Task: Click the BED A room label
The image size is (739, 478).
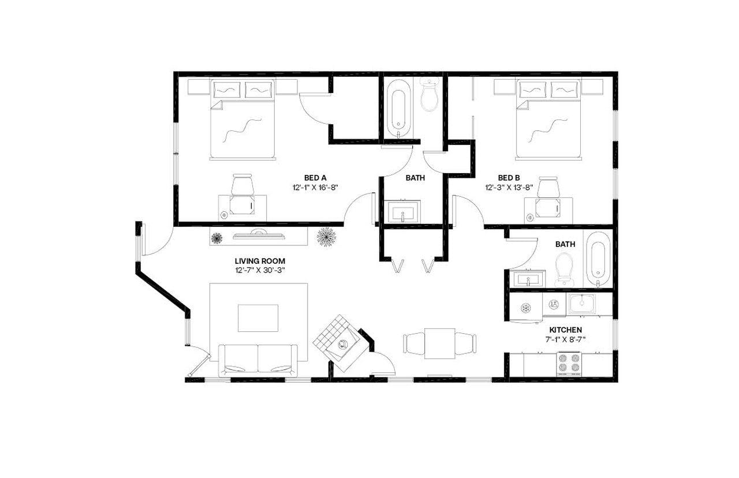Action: coord(316,178)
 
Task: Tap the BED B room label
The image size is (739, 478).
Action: coord(509,178)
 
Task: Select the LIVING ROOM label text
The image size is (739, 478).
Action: coord(260,261)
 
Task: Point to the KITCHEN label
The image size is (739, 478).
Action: coord(565,330)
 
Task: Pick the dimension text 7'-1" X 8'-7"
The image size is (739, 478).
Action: coord(565,339)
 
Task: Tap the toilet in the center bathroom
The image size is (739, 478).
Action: coord(430,96)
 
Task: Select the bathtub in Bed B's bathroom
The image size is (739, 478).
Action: coord(597,263)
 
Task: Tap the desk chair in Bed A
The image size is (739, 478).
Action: coord(242,185)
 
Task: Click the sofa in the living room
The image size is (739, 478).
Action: coord(258,360)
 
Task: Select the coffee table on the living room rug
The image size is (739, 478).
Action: coord(258,318)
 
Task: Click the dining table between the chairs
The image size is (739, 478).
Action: coord(441,343)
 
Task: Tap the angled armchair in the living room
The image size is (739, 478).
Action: coord(339,343)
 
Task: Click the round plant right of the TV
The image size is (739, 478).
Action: coord(326,237)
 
